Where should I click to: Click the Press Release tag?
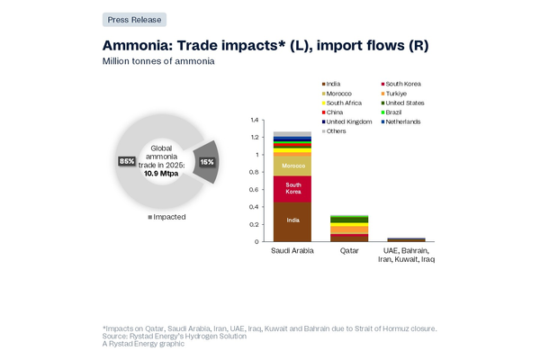[134, 19]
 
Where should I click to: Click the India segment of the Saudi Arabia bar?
[292, 220]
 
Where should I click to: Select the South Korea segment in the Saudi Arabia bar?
[292, 189]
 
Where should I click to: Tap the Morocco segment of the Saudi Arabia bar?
[292, 166]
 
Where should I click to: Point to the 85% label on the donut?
[126, 161]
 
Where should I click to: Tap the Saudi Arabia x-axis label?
[292, 250]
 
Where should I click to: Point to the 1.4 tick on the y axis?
[255, 120]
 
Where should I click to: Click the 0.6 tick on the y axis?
[255, 189]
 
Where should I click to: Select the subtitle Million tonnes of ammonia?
[158, 61]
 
